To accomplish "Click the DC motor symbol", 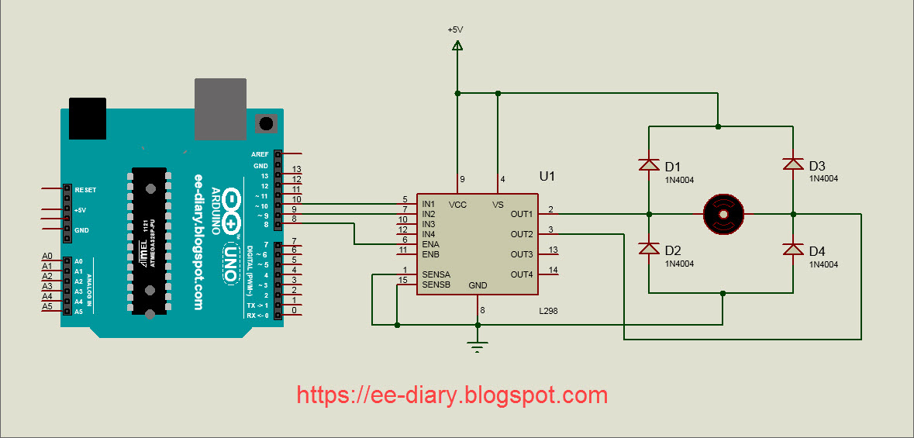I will tap(723, 213).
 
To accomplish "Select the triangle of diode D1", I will tap(649, 164).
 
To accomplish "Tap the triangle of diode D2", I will tap(649, 249).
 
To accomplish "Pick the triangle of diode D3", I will tap(793, 164).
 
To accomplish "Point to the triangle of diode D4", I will tap(793, 249).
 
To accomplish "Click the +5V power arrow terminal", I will tap(457, 47).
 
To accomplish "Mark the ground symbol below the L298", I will tap(478, 345).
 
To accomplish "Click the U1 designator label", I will tap(548, 177).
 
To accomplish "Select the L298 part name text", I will tap(549, 311).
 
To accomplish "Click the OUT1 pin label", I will tap(522, 214).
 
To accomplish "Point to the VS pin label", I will tap(498, 205).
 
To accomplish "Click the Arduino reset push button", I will tap(267, 123).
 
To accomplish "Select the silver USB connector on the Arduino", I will tap(220, 108).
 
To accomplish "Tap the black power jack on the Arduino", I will tap(87, 118).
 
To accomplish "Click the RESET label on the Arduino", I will tap(85, 189).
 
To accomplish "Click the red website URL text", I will tap(452, 395).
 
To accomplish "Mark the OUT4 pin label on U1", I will tap(522, 274).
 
